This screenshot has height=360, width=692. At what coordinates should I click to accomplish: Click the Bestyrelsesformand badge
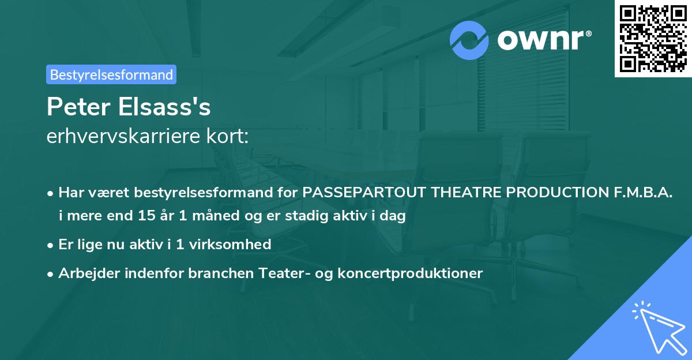pyautogui.click(x=111, y=74)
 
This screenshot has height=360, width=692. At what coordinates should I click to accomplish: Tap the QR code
pyautogui.click(x=653, y=39)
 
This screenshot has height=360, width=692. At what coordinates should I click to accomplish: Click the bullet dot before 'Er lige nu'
pyautogui.click(x=51, y=245)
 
